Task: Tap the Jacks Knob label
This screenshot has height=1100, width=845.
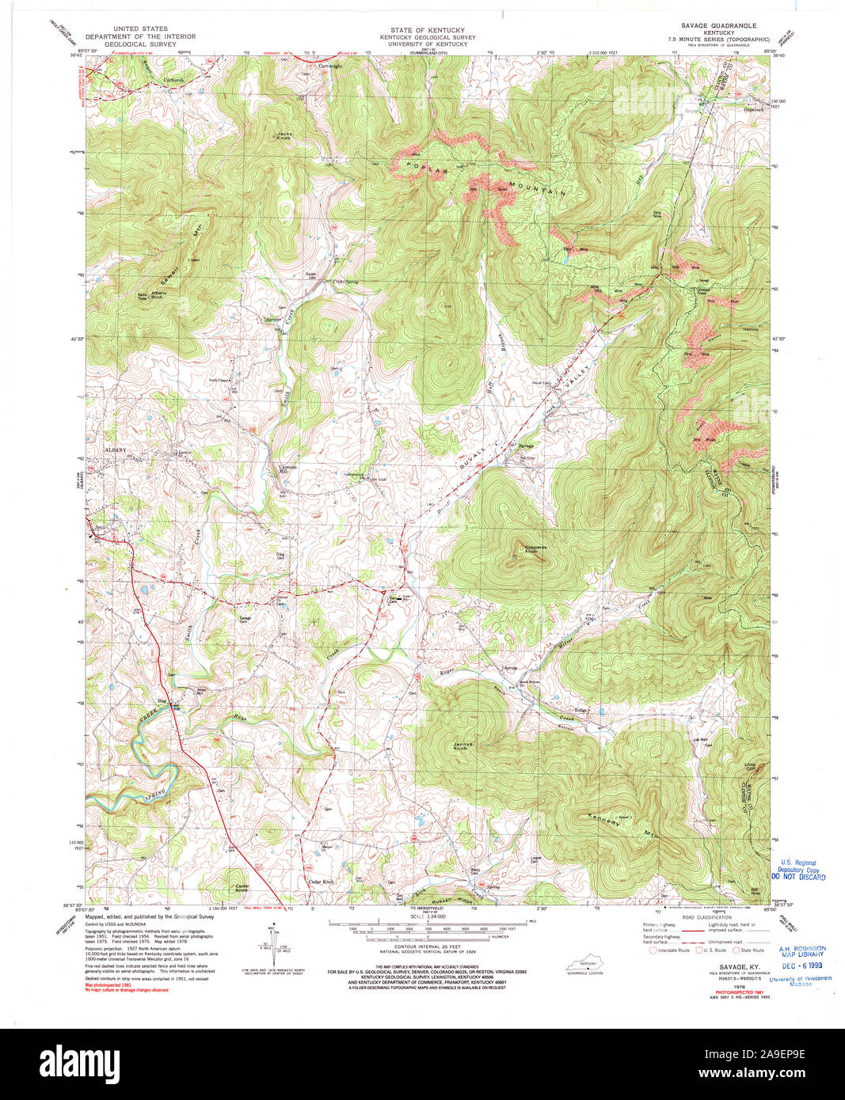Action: click(x=285, y=135)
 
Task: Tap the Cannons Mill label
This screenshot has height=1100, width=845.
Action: click(x=287, y=468)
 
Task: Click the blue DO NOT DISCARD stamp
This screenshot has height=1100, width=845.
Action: click(x=799, y=877)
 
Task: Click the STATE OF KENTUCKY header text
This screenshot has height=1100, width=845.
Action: click(x=421, y=30)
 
